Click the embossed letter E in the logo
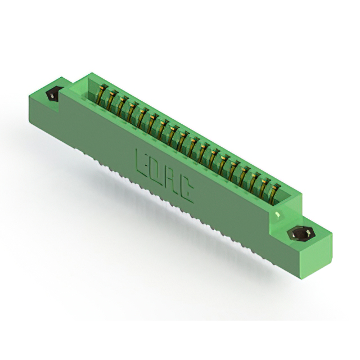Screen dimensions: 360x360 coord(142,163)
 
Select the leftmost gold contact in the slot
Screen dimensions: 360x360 coord(102,94)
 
